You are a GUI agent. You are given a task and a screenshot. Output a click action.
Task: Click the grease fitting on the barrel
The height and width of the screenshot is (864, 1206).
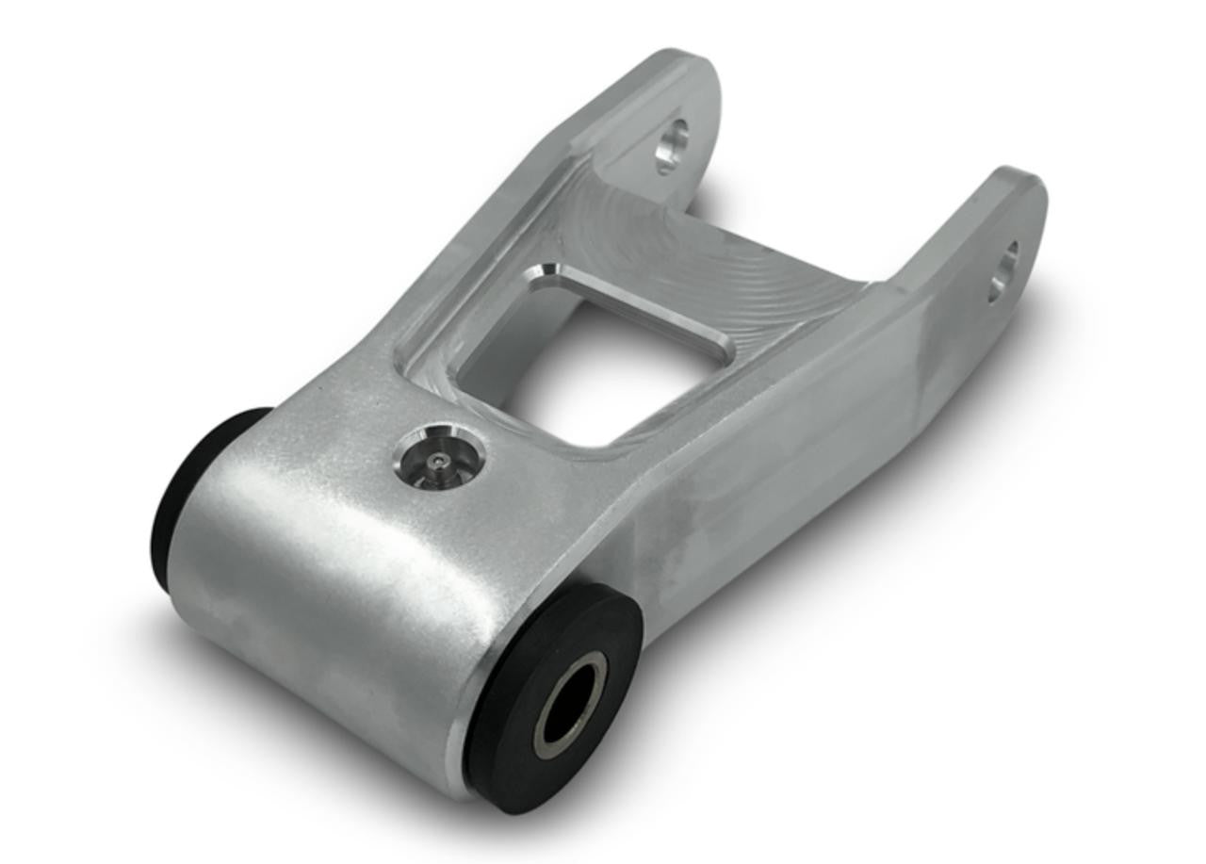[439, 458]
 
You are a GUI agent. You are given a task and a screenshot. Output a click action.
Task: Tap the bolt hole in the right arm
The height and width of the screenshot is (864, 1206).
[1002, 272]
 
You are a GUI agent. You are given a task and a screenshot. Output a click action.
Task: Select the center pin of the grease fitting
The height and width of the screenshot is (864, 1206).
[435, 462]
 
